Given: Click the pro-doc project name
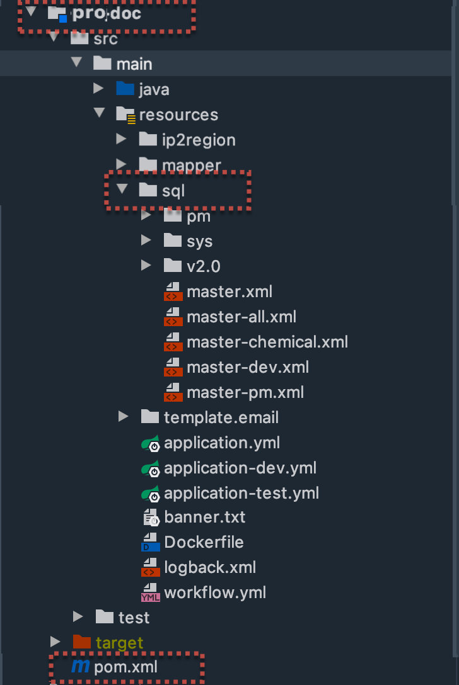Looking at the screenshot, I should (107, 14).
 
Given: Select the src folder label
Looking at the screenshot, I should (105, 39).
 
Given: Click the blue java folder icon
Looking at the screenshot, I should (125, 89).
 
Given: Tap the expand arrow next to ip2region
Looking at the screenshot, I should (121, 139).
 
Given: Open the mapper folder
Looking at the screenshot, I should (191, 166).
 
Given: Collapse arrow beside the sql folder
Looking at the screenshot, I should (122, 190).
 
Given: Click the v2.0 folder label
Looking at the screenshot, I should (203, 266).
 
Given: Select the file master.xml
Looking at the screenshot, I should (229, 292).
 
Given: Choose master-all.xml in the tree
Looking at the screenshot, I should (241, 317).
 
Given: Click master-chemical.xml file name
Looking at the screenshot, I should (267, 342).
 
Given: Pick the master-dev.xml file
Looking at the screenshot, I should (247, 367).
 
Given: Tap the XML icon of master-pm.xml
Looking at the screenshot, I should (171, 392).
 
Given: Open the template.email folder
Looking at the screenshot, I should (221, 417).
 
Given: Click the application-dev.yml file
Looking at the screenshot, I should (240, 468).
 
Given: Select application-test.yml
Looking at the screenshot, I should (241, 492).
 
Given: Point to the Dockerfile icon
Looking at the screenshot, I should (150, 542).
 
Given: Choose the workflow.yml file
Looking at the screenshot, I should (214, 592).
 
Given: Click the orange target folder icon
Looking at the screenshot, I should (82, 642).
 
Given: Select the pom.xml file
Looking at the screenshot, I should (125, 667).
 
